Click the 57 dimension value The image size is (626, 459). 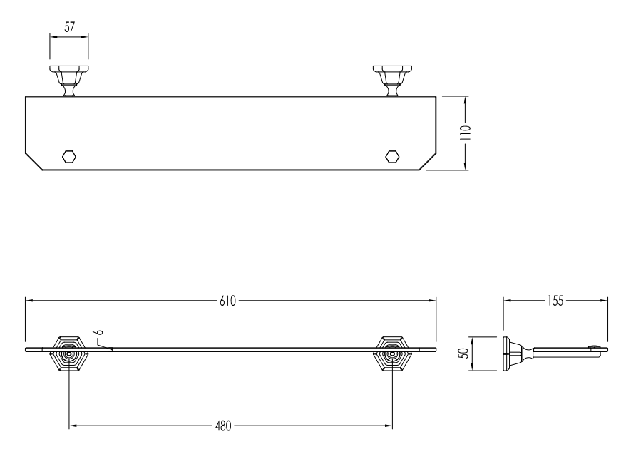tap(69, 27)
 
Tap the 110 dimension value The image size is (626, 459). tap(466, 133)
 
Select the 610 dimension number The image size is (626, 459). tap(227, 301)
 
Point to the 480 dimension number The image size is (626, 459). tap(223, 426)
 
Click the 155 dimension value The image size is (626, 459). tap(555, 301)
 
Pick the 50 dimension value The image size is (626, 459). tap(464, 354)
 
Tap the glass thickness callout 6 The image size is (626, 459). tap(100, 331)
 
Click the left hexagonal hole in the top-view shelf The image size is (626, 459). tap(69, 157)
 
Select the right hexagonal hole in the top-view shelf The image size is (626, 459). tap(392, 157)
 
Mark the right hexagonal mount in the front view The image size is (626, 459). tap(392, 354)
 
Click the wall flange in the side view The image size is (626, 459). tap(507, 354)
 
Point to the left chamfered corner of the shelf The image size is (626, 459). tap(34, 161)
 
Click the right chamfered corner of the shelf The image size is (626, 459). tap(428, 161)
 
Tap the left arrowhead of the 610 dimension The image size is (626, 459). tap(29, 301)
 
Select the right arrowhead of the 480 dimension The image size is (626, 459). tap(388, 426)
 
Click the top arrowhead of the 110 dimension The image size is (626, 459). tap(466, 100)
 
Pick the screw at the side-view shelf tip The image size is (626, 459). tap(595, 347)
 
